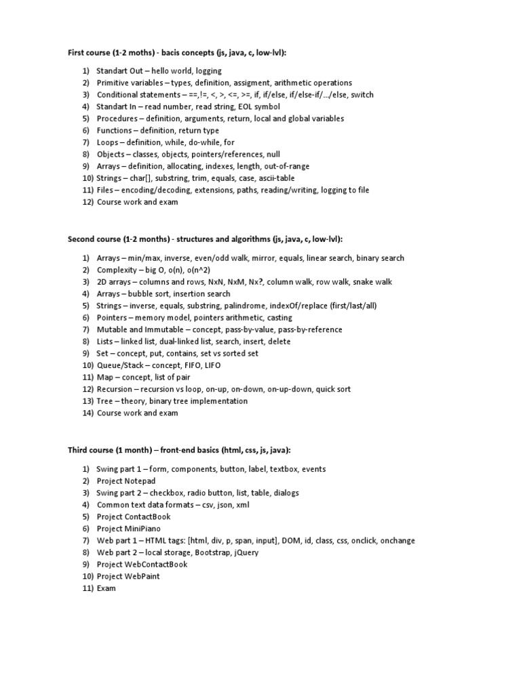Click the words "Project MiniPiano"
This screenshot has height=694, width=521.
(130, 528)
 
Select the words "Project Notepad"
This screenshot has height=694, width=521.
(126, 481)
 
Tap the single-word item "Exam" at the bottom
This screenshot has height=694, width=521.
(107, 588)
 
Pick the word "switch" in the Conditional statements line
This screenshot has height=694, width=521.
(362, 95)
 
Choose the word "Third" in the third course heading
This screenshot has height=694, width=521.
(79, 449)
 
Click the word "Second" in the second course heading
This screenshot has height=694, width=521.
(82, 239)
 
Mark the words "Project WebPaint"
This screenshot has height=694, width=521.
(128, 576)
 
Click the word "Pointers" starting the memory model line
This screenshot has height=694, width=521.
(113, 318)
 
